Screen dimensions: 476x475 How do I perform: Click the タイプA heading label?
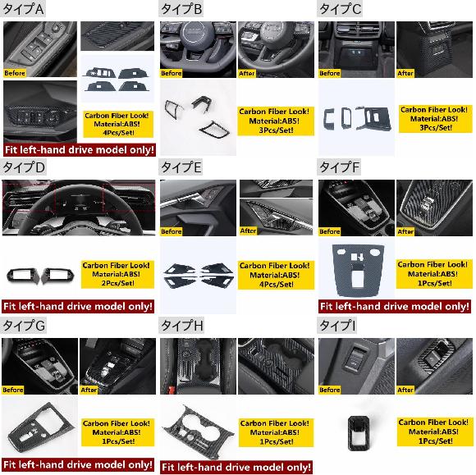(23, 9)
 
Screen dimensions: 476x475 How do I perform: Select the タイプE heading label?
(181, 167)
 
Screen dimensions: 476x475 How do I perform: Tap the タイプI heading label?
(337, 326)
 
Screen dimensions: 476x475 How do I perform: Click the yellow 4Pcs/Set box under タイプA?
(118, 124)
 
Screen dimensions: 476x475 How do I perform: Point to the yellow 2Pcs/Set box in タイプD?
(117, 274)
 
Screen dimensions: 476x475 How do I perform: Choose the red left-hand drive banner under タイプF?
(395, 306)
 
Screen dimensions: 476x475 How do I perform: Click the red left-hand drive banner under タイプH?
(236, 467)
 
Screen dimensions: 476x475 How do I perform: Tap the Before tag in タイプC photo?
(329, 73)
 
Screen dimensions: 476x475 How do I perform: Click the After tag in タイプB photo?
(247, 73)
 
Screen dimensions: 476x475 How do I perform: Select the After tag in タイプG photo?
(89, 390)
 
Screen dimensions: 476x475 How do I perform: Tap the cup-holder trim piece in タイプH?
(198, 431)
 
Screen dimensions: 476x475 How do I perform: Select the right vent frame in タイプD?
(57, 275)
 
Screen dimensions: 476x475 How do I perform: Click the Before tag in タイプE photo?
(172, 231)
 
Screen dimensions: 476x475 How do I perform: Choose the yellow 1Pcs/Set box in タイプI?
(435, 432)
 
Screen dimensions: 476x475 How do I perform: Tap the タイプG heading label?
(24, 326)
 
